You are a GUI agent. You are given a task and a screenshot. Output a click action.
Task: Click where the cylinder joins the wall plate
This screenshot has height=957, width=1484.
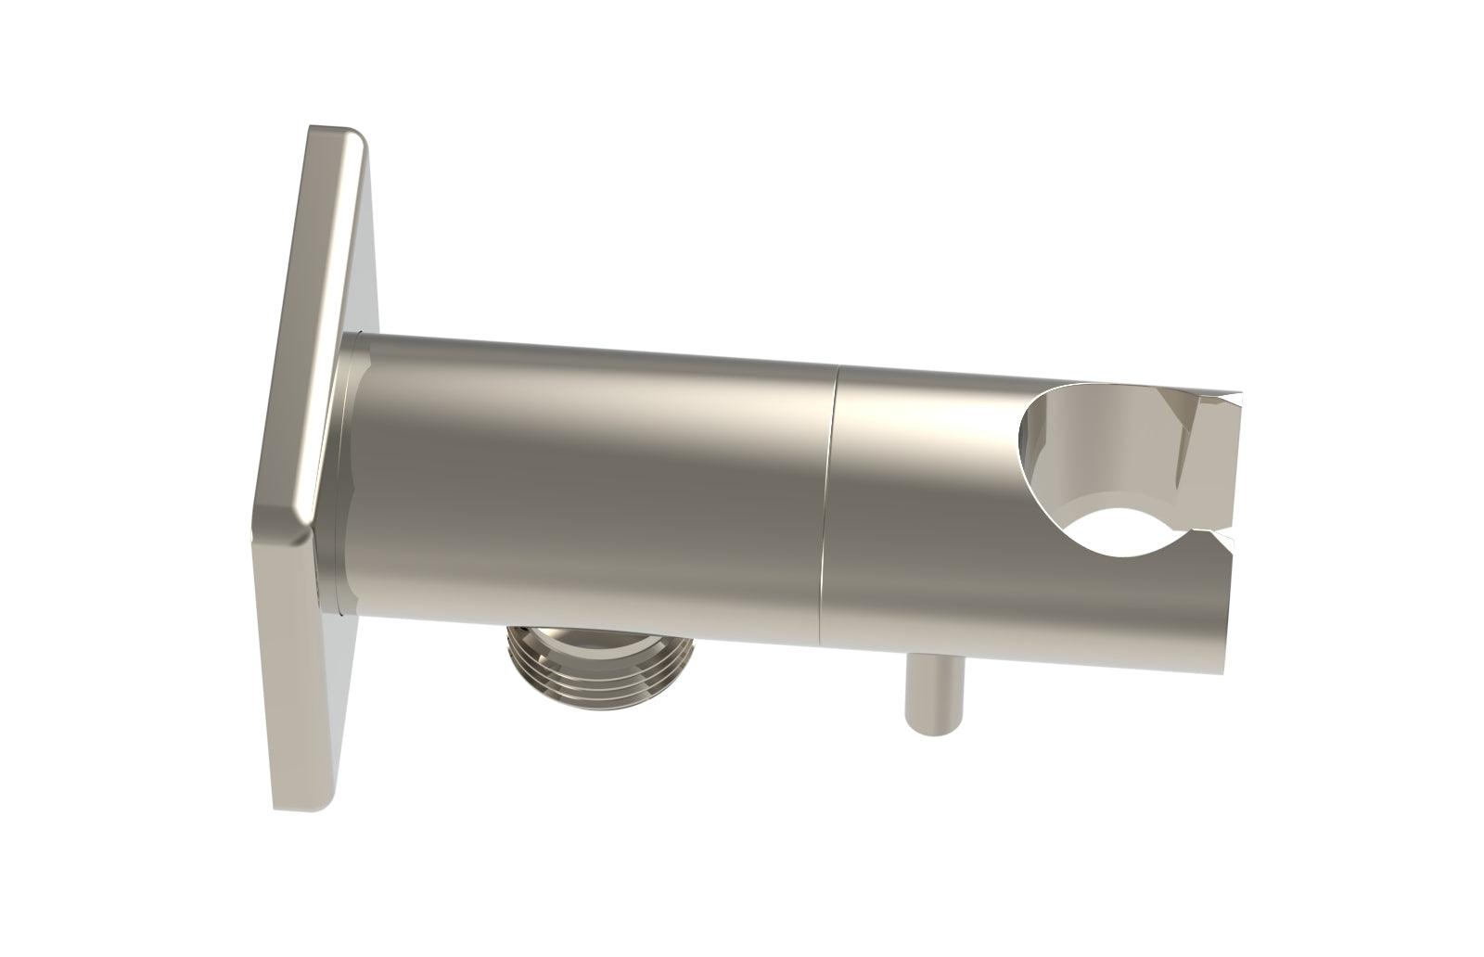pyautogui.click(x=345, y=473)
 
